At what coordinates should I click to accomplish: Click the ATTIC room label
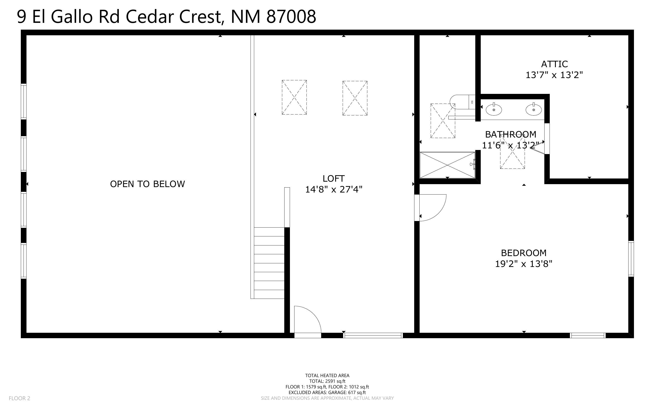tap(554, 64)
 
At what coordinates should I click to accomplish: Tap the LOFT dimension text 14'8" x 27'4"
tap(334, 189)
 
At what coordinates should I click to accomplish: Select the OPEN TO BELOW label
tap(147, 184)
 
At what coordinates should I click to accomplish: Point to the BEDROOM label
tap(524, 253)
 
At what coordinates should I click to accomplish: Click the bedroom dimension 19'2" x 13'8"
tap(524, 264)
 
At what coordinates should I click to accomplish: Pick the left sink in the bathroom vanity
tap(494, 109)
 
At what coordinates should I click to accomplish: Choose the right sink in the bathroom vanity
tap(533, 109)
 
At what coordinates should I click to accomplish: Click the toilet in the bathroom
tap(462, 102)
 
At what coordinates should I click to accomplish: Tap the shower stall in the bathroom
tap(447, 165)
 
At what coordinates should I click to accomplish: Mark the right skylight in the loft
tap(355, 98)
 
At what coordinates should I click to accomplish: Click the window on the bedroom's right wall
tap(631, 259)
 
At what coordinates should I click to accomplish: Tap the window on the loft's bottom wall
tap(373, 335)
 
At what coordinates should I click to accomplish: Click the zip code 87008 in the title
tap(291, 17)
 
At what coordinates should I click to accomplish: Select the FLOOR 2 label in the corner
tap(19, 398)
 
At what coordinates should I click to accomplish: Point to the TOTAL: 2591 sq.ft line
tap(327, 381)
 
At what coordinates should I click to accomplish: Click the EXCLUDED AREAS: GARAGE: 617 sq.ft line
tap(327, 392)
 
